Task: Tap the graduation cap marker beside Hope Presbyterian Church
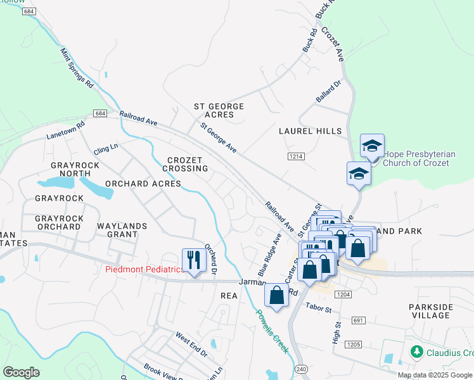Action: point(372,147)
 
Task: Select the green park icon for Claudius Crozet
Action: point(416,351)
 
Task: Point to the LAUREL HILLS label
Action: point(310,131)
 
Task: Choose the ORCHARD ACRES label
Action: point(143,184)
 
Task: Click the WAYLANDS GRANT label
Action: point(122,230)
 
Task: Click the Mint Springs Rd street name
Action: point(77,67)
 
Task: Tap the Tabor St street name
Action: point(319,309)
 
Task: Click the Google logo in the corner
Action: point(21,372)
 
